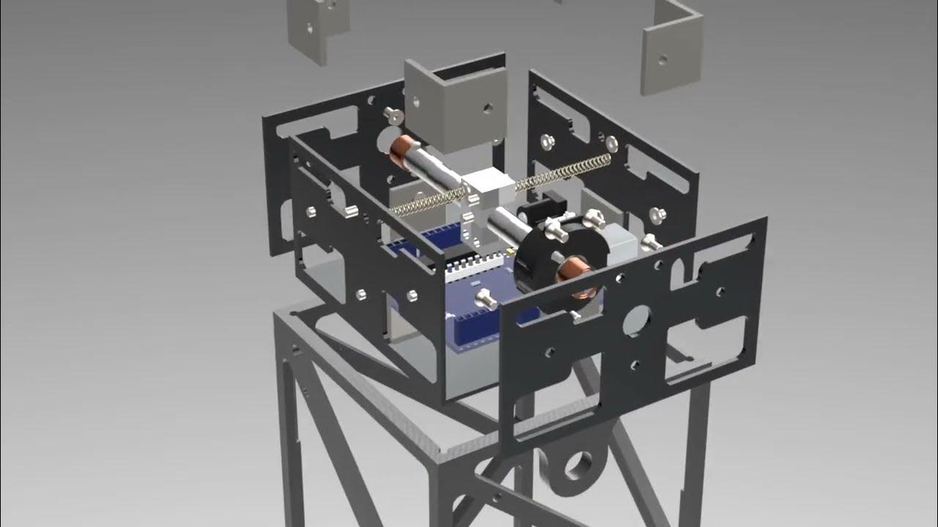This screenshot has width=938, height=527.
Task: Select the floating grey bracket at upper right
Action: [x=671, y=51]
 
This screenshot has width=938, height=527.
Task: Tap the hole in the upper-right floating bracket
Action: [x=662, y=60]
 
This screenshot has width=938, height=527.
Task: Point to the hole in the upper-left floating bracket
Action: [x=311, y=29]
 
